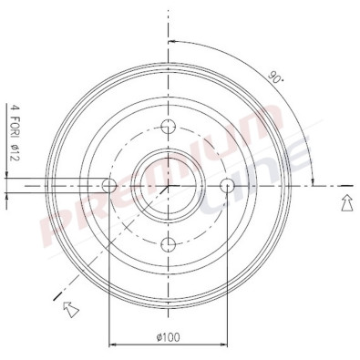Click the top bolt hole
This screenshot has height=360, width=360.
[168, 127]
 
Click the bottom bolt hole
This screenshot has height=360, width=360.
[168, 244]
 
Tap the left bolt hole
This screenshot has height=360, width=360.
[109, 186]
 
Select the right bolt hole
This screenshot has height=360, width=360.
[227, 186]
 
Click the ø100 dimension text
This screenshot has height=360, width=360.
[168, 337]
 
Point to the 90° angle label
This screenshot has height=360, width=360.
[275, 77]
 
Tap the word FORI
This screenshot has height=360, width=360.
[15, 125]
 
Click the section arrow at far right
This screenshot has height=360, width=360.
[346, 203]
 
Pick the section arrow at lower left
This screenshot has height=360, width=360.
[71, 309]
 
